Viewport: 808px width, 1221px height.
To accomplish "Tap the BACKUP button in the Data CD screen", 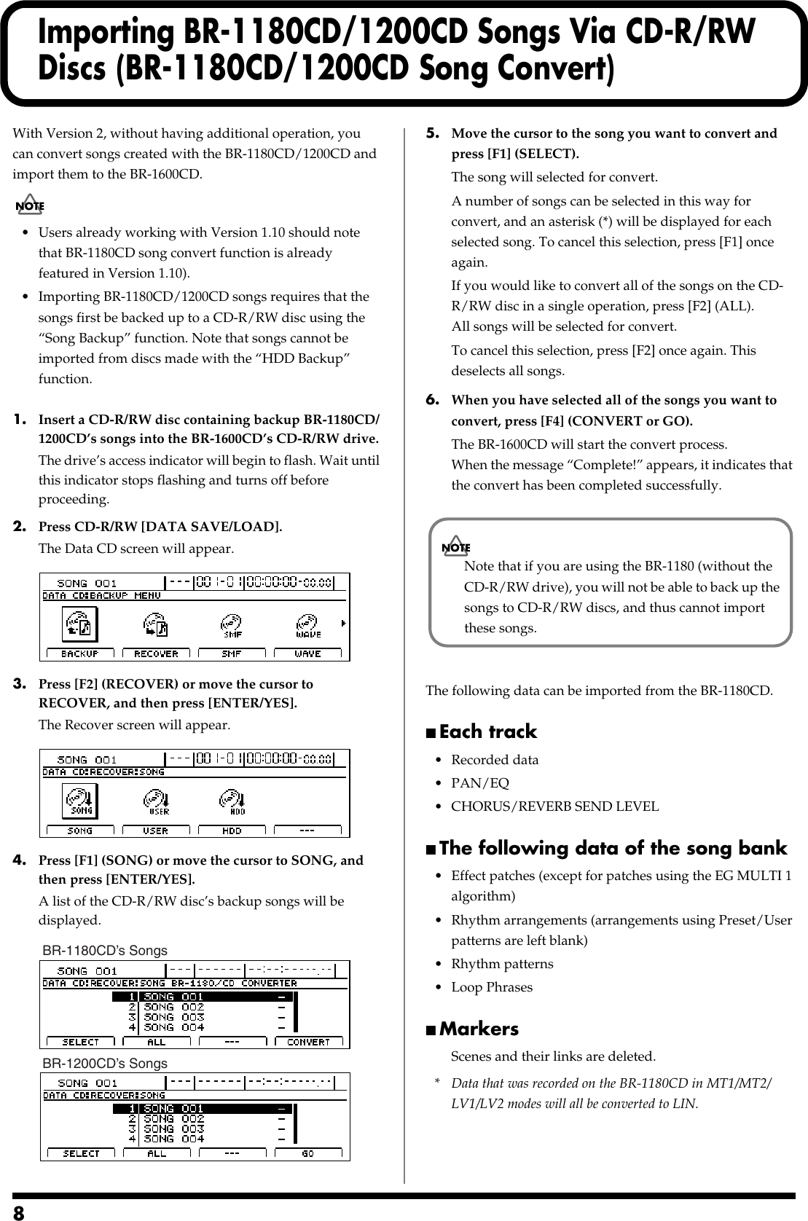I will [80, 653].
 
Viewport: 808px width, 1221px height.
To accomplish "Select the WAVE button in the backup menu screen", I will [307, 653].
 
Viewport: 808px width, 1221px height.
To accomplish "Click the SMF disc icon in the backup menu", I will [232, 625].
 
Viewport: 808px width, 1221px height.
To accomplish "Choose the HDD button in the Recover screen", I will [232, 830].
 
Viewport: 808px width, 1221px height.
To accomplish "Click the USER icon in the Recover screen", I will [157, 802].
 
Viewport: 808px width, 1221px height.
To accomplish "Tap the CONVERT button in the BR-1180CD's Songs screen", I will [308, 1042].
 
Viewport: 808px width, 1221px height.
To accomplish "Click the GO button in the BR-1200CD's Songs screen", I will [308, 1153].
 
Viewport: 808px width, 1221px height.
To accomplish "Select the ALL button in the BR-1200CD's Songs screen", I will [157, 1153].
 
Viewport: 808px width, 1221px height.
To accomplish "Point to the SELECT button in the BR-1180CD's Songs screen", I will [80, 1042].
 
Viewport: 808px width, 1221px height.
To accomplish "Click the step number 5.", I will [432, 133].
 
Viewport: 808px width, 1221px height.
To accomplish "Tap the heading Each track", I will [487, 731].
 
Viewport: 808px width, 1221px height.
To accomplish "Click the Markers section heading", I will [479, 1029].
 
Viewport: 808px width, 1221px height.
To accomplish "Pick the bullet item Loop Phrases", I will [492, 987].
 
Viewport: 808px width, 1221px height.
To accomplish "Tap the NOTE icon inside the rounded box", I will [456, 547].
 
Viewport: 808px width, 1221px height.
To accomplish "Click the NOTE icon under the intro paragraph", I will [30, 205].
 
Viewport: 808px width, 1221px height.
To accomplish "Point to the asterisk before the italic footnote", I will [436, 1083].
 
